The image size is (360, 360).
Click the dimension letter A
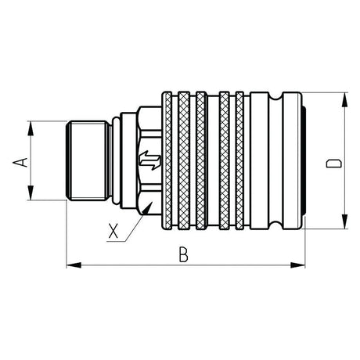pyautogui.click(x=20, y=162)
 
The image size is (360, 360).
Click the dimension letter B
pyautogui.click(x=183, y=255)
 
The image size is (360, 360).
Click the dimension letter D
pyautogui.click(x=333, y=164)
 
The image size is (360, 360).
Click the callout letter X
pyautogui.click(x=113, y=231)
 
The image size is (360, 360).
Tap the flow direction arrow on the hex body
pyautogui.click(x=149, y=160)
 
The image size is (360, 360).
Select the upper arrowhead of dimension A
pyautogui.click(x=31, y=128)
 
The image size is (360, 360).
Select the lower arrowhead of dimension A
pyautogui.click(x=31, y=193)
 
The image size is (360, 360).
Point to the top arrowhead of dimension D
pyautogui.click(x=345, y=100)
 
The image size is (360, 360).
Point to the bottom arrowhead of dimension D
pyautogui.click(x=345, y=221)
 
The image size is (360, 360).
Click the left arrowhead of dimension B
pyautogui.click(x=74, y=265)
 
